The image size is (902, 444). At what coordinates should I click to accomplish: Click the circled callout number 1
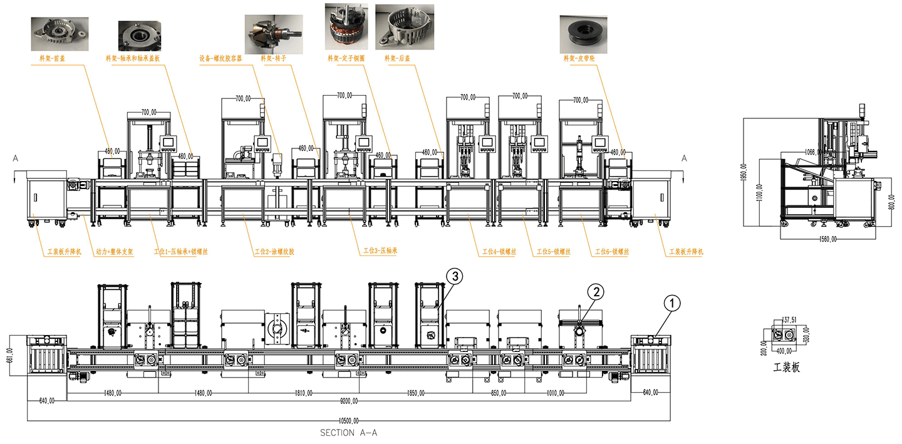click(x=671, y=303)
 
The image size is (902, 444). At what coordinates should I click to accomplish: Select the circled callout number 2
click(x=596, y=291)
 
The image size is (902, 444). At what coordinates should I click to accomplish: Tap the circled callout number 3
click(x=454, y=276)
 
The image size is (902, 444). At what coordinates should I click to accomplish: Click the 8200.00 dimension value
click(x=349, y=401)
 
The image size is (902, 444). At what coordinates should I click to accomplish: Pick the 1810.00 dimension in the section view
click(x=304, y=393)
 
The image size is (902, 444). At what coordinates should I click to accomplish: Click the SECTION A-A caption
click(x=348, y=433)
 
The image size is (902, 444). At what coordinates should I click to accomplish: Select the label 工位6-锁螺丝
click(x=611, y=252)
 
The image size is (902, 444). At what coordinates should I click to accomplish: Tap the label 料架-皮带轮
click(x=578, y=58)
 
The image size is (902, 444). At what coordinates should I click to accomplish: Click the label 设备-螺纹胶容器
click(x=221, y=58)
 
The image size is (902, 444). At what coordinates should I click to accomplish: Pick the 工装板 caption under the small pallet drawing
click(x=787, y=368)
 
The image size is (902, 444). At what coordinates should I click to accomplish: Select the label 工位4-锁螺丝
click(x=498, y=252)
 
